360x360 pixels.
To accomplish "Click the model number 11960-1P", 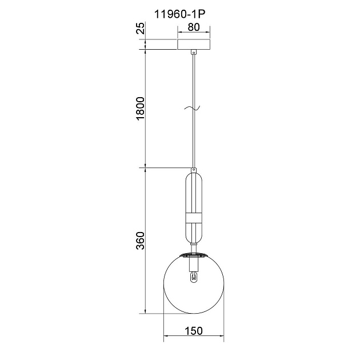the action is (179, 14).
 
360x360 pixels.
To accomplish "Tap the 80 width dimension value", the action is (194, 27).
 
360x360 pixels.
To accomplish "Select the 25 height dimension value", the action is (141, 28).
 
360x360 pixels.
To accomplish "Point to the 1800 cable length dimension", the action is (141, 109).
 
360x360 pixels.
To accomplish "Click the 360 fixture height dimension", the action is (141, 241).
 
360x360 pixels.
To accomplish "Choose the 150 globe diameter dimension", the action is (194, 331).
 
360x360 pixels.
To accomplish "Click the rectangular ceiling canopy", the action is (194, 45).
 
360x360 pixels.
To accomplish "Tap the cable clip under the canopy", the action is (194, 52).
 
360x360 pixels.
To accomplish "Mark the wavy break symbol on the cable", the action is (192, 107).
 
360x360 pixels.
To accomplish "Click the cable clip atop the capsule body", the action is (194, 170).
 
